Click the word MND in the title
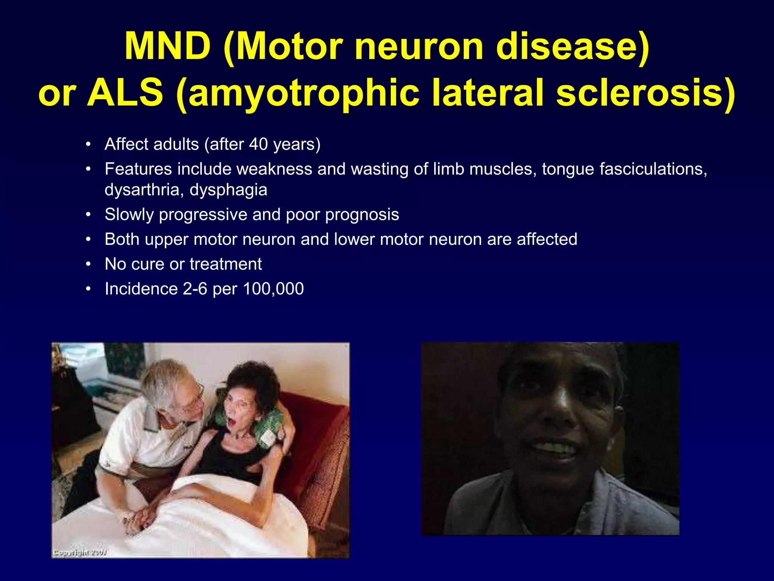pyautogui.click(x=167, y=46)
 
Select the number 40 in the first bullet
pyautogui.click(x=259, y=144)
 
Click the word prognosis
pyautogui.click(x=362, y=214)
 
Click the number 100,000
pyautogui.click(x=273, y=289)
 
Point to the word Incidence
pyautogui.click(x=141, y=289)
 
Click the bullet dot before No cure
pyautogui.click(x=88, y=264)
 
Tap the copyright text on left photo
pyautogui.click(x=80, y=553)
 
